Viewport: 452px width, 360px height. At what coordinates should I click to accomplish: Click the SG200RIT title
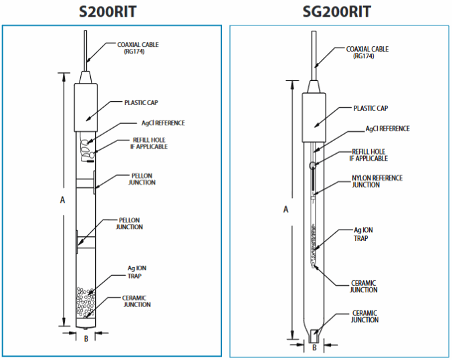coord(338,11)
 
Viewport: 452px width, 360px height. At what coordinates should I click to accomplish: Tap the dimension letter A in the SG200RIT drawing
coord(286,209)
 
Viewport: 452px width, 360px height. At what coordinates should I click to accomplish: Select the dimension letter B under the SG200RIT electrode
coord(314,347)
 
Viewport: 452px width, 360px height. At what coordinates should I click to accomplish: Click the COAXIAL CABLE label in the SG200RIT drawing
coord(366,52)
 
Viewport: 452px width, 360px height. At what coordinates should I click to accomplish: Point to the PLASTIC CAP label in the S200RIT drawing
coord(140,103)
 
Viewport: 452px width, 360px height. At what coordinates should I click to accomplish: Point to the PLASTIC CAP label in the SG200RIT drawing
coord(370,108)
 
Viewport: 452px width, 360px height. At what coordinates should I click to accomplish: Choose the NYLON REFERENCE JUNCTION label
coord(376,181)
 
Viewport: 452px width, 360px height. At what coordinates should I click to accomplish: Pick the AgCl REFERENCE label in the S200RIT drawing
coord(162,123)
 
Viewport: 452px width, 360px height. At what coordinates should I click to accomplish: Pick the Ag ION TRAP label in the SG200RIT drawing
coord(363,233)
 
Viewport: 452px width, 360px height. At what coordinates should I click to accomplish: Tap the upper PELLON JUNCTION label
coord(142,179)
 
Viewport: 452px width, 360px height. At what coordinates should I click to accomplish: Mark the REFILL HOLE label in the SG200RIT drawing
coord(370,155)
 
